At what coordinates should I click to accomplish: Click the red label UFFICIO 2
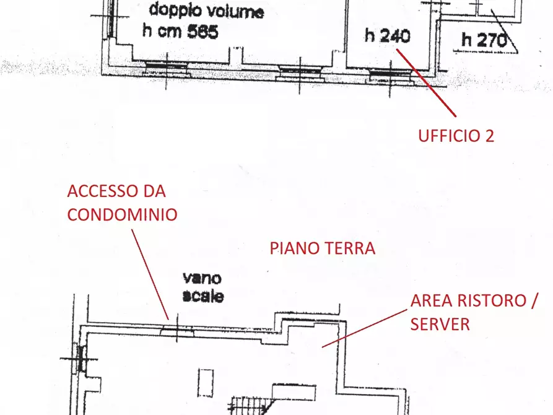pos(456,136)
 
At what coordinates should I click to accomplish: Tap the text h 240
pos(387,36)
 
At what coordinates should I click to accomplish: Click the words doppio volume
pos(206,11)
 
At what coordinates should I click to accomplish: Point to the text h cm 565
pos(180,32)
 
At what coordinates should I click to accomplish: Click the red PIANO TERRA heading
pos(322,248)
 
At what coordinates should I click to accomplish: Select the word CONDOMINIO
pos(122,214)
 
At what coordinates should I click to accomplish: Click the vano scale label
pos(203,287)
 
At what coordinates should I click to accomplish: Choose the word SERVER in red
pos(440,324)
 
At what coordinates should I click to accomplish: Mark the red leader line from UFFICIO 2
pos(427,84)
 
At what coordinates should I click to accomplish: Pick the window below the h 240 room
pos(390,74)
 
